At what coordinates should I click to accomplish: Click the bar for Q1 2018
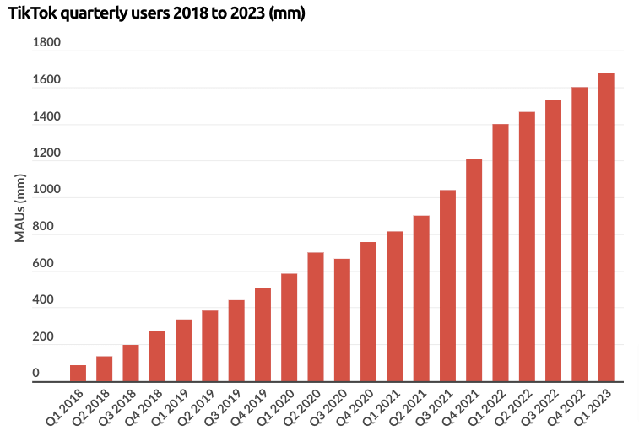[x=78, y=373]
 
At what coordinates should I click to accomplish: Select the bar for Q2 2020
[x=316, y=317]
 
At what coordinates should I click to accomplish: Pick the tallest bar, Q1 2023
[x=606, y=228]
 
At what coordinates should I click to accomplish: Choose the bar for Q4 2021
[x=474, y=270]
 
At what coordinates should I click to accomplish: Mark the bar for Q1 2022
[x=501, y=253]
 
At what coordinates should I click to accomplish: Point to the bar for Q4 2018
[x=157, y=356]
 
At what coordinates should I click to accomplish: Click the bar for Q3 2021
[x=447, y=286]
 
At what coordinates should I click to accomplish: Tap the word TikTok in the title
[x=30, y=13]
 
